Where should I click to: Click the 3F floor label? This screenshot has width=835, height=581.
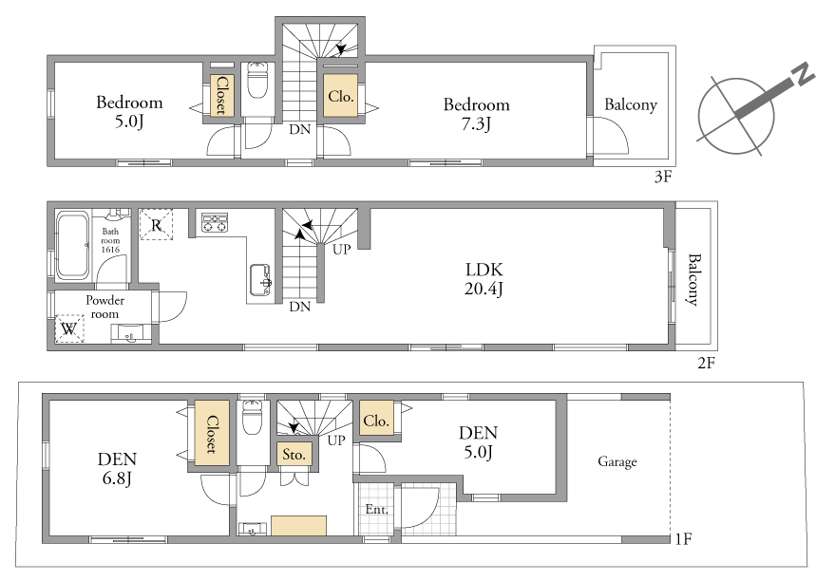coord(662,177)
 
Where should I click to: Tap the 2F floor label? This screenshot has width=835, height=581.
coord(706,363)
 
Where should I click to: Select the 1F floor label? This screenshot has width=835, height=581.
coord(683,539)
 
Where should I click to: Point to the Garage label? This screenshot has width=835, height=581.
coord(617,461)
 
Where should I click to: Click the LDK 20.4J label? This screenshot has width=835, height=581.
coord(484,279)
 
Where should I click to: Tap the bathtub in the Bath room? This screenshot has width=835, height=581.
coord(73,245)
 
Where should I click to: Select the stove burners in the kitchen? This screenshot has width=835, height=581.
coord(215,222)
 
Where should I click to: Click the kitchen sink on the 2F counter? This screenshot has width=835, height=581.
coord(260,280)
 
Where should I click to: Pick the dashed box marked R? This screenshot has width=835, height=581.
coord(156,225)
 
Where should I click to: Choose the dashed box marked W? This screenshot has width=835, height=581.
coord(69,328)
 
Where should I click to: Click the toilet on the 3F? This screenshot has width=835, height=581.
coord(257,81)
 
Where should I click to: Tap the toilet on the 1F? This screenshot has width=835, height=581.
coord(253,418)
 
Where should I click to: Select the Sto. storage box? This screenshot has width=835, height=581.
coord(294,455)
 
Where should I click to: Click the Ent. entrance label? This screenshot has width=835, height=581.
coord(376,509)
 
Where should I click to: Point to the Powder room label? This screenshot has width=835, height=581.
coord(104,307)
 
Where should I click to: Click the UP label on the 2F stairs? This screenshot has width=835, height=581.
coord(341,249)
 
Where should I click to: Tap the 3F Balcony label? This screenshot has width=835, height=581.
coord(631,104)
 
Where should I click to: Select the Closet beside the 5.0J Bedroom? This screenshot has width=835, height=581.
coord(220,95)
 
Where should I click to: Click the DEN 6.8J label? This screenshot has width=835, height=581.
coord(117,468)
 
